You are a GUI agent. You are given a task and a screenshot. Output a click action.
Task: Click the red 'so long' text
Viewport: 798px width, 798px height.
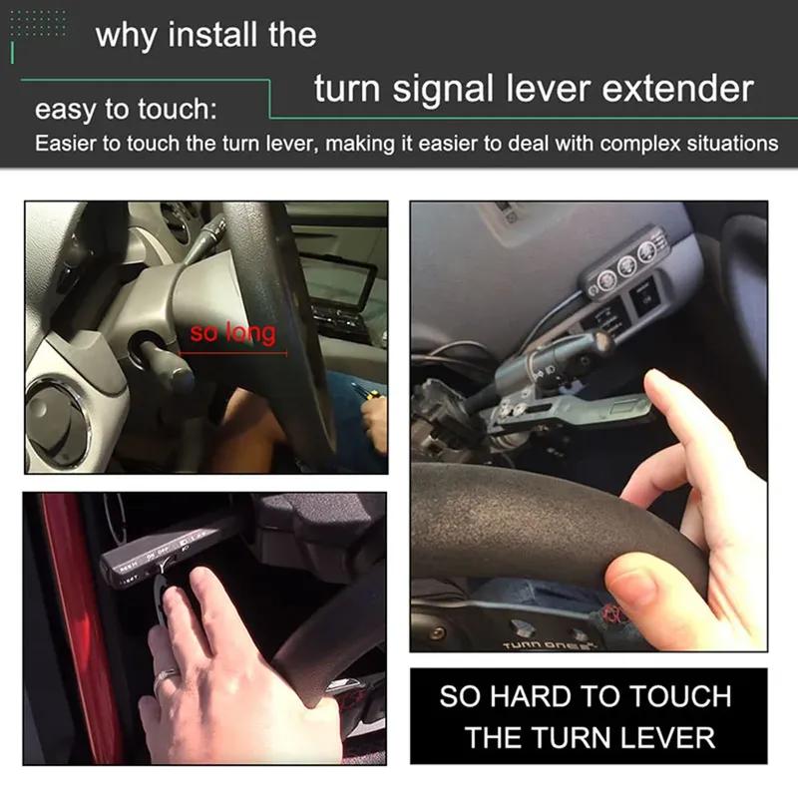pyautogui.click(x=232, y=332)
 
